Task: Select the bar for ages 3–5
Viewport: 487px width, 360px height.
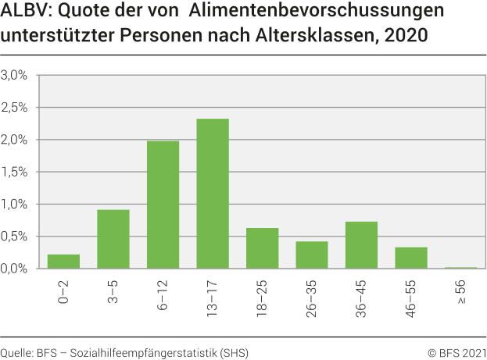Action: (113, 239)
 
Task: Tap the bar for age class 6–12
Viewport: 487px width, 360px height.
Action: (163, 205)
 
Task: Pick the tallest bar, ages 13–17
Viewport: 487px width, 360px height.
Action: (213, 194)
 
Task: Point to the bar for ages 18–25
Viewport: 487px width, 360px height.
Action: (262, 248)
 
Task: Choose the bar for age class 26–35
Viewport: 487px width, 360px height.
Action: (312, 255)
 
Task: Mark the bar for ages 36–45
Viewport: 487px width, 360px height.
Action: (361, 245)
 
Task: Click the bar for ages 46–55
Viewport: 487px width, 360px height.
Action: (411, 258)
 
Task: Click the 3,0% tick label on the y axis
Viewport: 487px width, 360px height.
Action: (15, 76)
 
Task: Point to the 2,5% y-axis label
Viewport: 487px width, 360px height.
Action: (15, 108)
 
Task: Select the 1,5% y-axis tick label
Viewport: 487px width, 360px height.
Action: (15, 172)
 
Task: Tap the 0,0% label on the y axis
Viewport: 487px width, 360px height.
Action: (15, 269)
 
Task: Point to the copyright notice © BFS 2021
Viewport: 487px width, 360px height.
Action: (457, 353)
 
